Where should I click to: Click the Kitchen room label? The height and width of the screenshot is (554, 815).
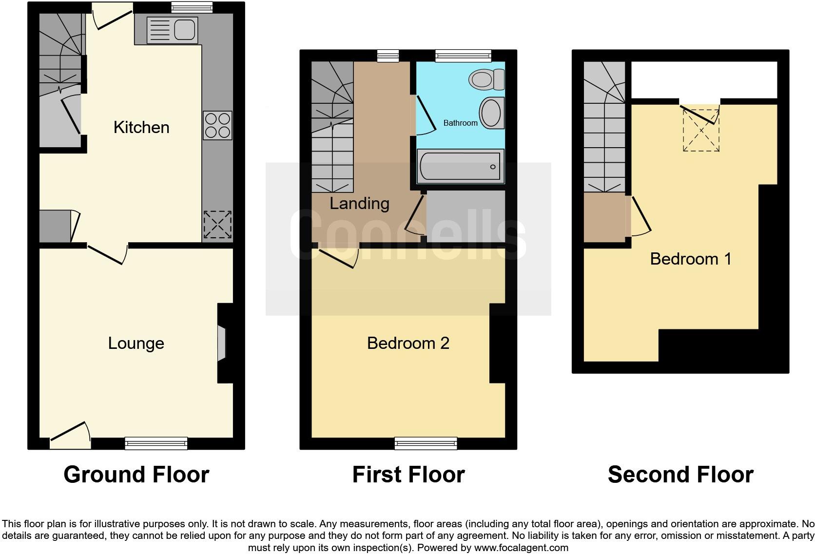pyautogui.click(x=141, y=128)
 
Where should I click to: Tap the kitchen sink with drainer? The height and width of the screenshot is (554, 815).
pyautogui.click(x=172, y=30)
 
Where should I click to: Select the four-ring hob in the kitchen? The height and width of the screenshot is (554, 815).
pyautogui.click(x=217, y=125)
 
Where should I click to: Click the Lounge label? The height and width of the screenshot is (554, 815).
pyautogui.click(x=136, y=344)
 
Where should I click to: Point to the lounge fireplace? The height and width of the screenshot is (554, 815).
pyautogui.click(x=222, y=344)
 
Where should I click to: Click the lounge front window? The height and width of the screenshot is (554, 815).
pyautogui.click(x=156, y=443)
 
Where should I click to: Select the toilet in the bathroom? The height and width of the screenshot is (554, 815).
pyautogui.click(x=486, y=79)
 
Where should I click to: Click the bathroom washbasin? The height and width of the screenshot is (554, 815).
pyautogui.click(x=491, y=113)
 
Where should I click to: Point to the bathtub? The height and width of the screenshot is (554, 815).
pyautogui.click(x=460, y=166)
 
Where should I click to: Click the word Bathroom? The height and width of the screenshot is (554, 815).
pyautogui.click(x=460, y=123)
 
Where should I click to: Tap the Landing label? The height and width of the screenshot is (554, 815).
pyautogui.click(x=359, y=204)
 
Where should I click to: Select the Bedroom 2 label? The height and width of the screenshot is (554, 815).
pyautogui.click(x=408, y=344)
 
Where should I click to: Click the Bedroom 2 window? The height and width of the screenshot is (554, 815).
pyautogui.click(x=426, y=443)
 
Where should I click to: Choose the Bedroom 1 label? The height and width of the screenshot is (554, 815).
pyautogui.click(x=691, y=259)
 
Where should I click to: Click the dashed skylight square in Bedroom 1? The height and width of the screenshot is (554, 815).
pyautogui.click(x=701, y=131)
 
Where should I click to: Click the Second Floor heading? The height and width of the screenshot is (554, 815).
pyautogui.click(x=680, y=475)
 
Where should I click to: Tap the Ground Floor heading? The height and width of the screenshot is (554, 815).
pyautogui.click(x=136, y=475)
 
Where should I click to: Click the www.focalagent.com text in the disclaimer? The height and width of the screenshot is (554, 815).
pyautogui.click(x=521, y=548)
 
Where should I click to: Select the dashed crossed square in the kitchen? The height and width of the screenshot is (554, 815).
pyautogui.click(x=217, y=225)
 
